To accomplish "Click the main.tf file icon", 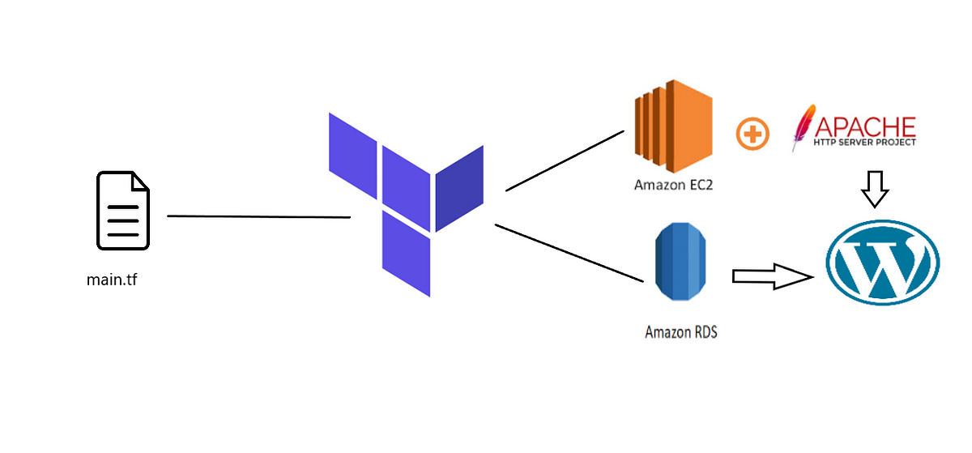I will [x=123, y=211].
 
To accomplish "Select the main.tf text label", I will [x=112, y=280].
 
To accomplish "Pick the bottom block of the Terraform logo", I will [x=406, y=253].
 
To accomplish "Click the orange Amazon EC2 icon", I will [x=672, y=126].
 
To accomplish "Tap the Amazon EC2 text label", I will [x=673, y=186].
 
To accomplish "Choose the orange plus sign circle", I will [x=752, y=133].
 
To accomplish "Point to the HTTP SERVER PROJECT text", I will [x=865, y=142].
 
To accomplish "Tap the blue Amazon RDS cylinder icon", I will [x=680, y=264].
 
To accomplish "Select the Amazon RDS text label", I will [x=680, y=332].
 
